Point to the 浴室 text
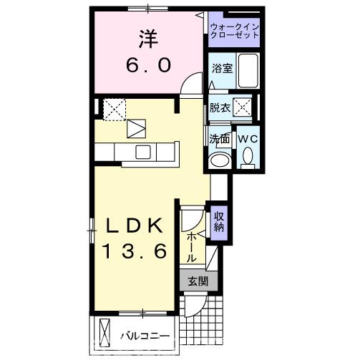221,69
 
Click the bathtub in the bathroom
247,70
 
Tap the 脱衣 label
220,108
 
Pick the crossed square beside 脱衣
243,108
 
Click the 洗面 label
219,138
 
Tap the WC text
247,137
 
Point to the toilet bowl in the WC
248,155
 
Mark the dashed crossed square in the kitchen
114,109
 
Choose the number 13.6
134,251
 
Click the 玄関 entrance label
198,281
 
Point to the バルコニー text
145,335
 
